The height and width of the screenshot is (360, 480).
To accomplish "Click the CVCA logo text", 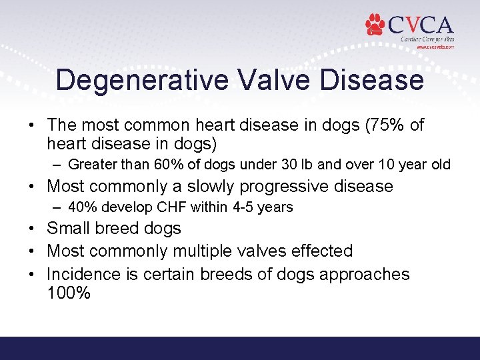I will (420, 25).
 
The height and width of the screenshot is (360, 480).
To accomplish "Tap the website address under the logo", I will (435, 47).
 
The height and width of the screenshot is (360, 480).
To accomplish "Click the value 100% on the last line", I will (68, 293).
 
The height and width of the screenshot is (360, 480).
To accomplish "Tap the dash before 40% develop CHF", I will (56, 207).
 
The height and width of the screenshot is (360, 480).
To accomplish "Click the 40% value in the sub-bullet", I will (81, 207).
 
